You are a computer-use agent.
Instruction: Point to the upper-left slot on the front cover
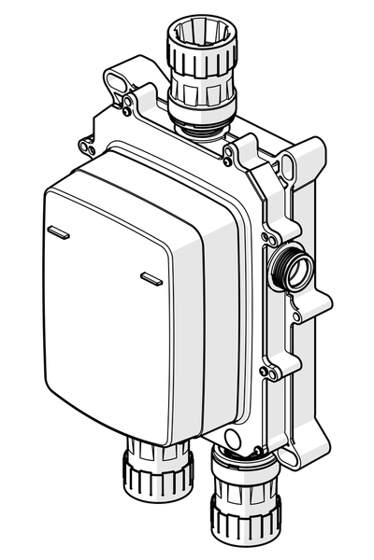pyautogui.click(x=57, y=230)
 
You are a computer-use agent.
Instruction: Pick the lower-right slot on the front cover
pyautogui.click(x=151, y=276)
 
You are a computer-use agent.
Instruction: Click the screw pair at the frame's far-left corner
pyautogui.click(x=88, y=146)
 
